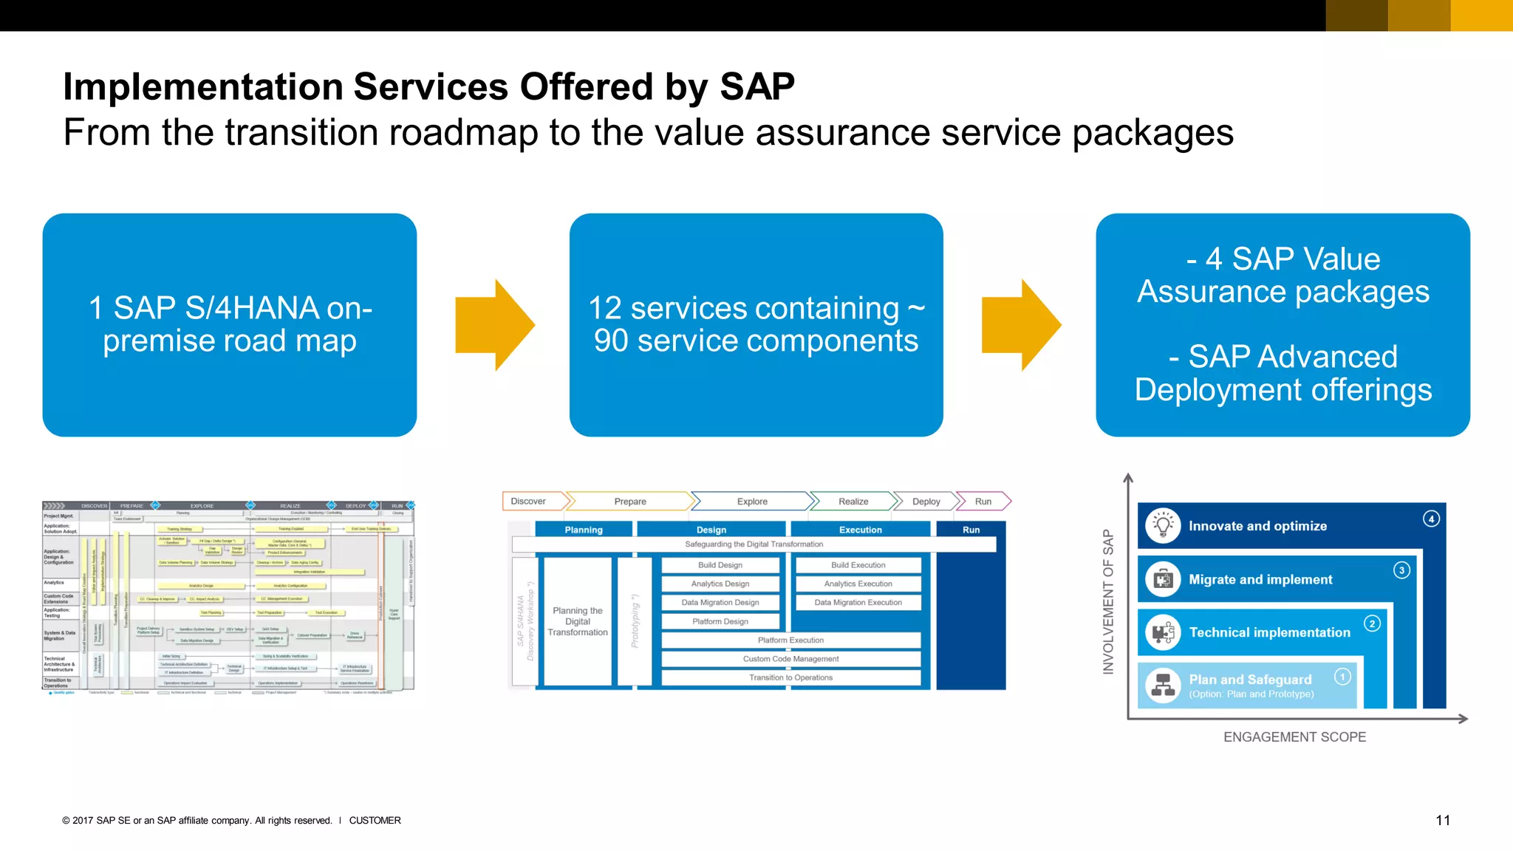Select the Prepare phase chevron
630,502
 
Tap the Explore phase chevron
752,502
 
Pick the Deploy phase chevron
926,502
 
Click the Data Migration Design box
720,603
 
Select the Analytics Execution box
858,584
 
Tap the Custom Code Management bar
790,659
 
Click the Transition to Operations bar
790,677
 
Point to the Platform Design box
720,622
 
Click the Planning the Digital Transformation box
578,621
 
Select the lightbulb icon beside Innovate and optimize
1163,526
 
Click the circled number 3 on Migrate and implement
1401,570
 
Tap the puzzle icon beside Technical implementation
1163,632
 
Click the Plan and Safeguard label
1250,680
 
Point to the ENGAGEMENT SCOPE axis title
1294,737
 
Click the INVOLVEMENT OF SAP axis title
1108,601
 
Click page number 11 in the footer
1442,821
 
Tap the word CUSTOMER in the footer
375,821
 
